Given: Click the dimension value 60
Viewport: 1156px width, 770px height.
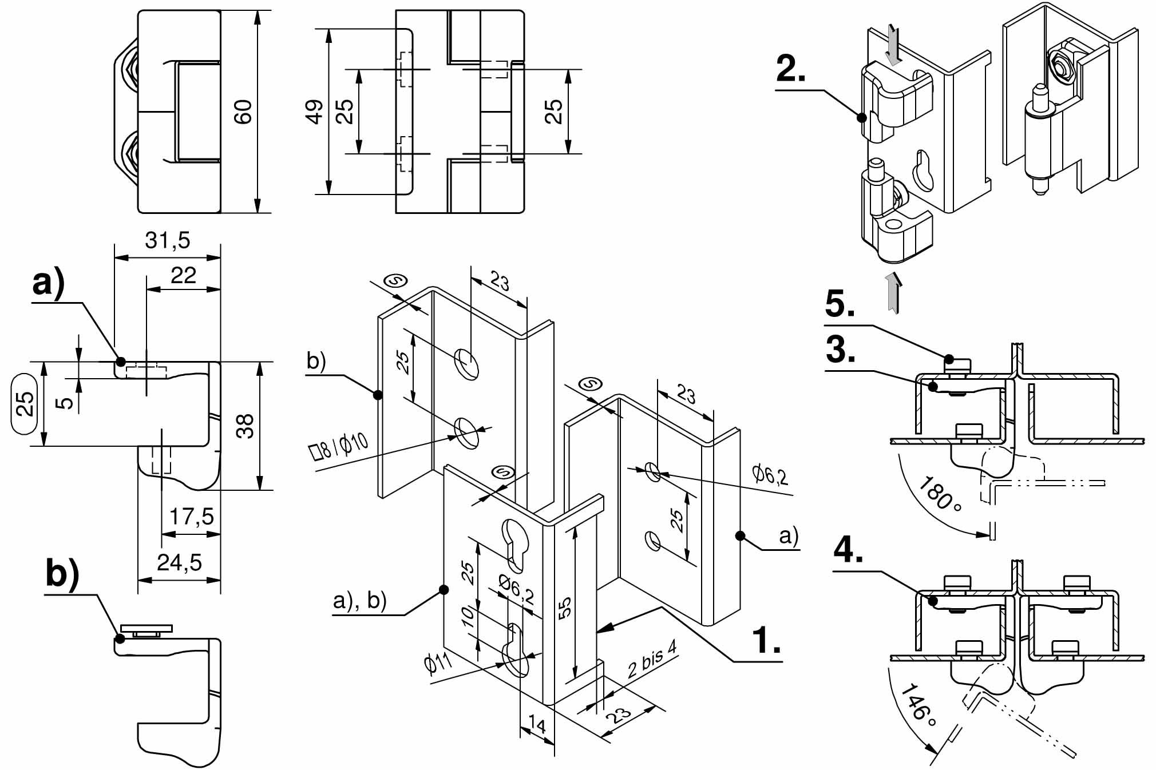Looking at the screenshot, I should [243, 112].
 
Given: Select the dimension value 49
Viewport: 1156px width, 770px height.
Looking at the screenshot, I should [315, 112].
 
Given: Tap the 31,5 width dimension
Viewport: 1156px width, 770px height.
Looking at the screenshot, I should [167, 240].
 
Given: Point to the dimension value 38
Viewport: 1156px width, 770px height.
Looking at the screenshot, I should [245, 426].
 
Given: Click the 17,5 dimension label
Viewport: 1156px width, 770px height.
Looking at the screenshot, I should [191, 517].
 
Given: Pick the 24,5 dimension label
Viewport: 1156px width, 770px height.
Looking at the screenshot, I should [179, 563].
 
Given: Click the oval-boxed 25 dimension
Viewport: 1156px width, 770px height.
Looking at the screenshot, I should [25, 404].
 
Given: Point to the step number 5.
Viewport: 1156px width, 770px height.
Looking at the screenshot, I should [840, 304].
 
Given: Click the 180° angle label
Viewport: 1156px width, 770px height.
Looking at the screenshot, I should [939, 493].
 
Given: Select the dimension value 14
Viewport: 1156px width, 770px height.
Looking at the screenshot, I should [537, 725].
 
